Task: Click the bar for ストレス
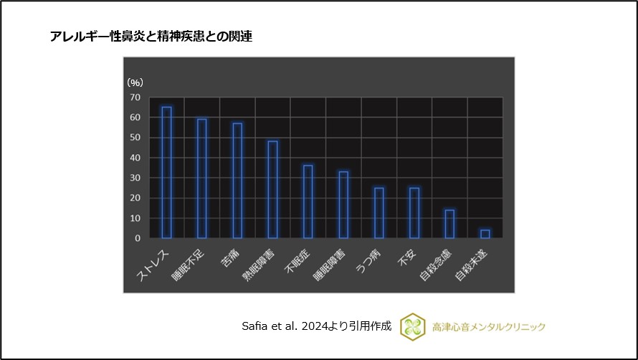[166, 172]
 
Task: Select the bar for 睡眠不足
[202, 178]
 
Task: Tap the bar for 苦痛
[237, 180]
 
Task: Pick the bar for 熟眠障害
[272, 189]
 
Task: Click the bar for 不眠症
[308, 202]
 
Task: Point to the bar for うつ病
[378, 212]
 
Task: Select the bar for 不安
[414, 212]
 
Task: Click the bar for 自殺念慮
[449, 224]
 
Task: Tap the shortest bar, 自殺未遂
[485, 234]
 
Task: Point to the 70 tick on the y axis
[135, 97]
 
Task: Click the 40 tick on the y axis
[135, 158]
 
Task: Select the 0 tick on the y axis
[137, 238]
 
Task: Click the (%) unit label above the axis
[135, 83]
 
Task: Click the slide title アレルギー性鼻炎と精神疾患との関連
[151, 37]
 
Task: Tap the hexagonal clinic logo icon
[412, 326]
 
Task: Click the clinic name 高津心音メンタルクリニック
[489, 326]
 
